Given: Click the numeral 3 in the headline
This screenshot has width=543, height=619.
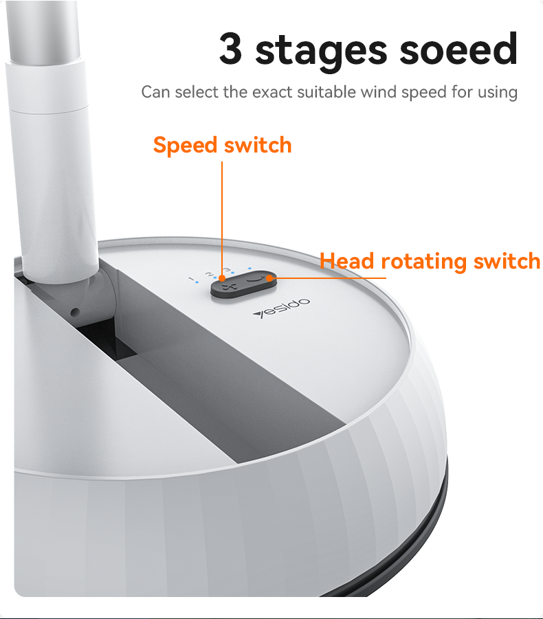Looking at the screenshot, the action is click(230, 48).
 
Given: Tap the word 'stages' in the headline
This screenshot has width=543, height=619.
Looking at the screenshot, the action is click(321, 52).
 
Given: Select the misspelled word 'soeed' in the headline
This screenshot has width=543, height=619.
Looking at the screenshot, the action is click(458, 49).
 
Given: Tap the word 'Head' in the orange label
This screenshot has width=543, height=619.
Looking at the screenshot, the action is click(346, 261).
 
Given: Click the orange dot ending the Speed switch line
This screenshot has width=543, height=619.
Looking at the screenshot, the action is click(222, 279).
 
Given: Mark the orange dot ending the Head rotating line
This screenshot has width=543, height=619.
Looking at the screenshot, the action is click(269, 278).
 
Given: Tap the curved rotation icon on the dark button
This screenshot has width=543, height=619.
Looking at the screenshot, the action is click(254, 279).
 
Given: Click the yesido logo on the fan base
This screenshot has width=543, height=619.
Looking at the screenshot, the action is click(282, 308).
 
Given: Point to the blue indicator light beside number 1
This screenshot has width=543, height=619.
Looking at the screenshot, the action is click(197, 282).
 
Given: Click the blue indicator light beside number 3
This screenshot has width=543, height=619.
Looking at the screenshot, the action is click(232, 273).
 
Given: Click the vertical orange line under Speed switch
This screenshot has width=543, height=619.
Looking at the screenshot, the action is click(222, 218).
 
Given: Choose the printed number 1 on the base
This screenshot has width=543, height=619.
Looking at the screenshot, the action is click(192, 280).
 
